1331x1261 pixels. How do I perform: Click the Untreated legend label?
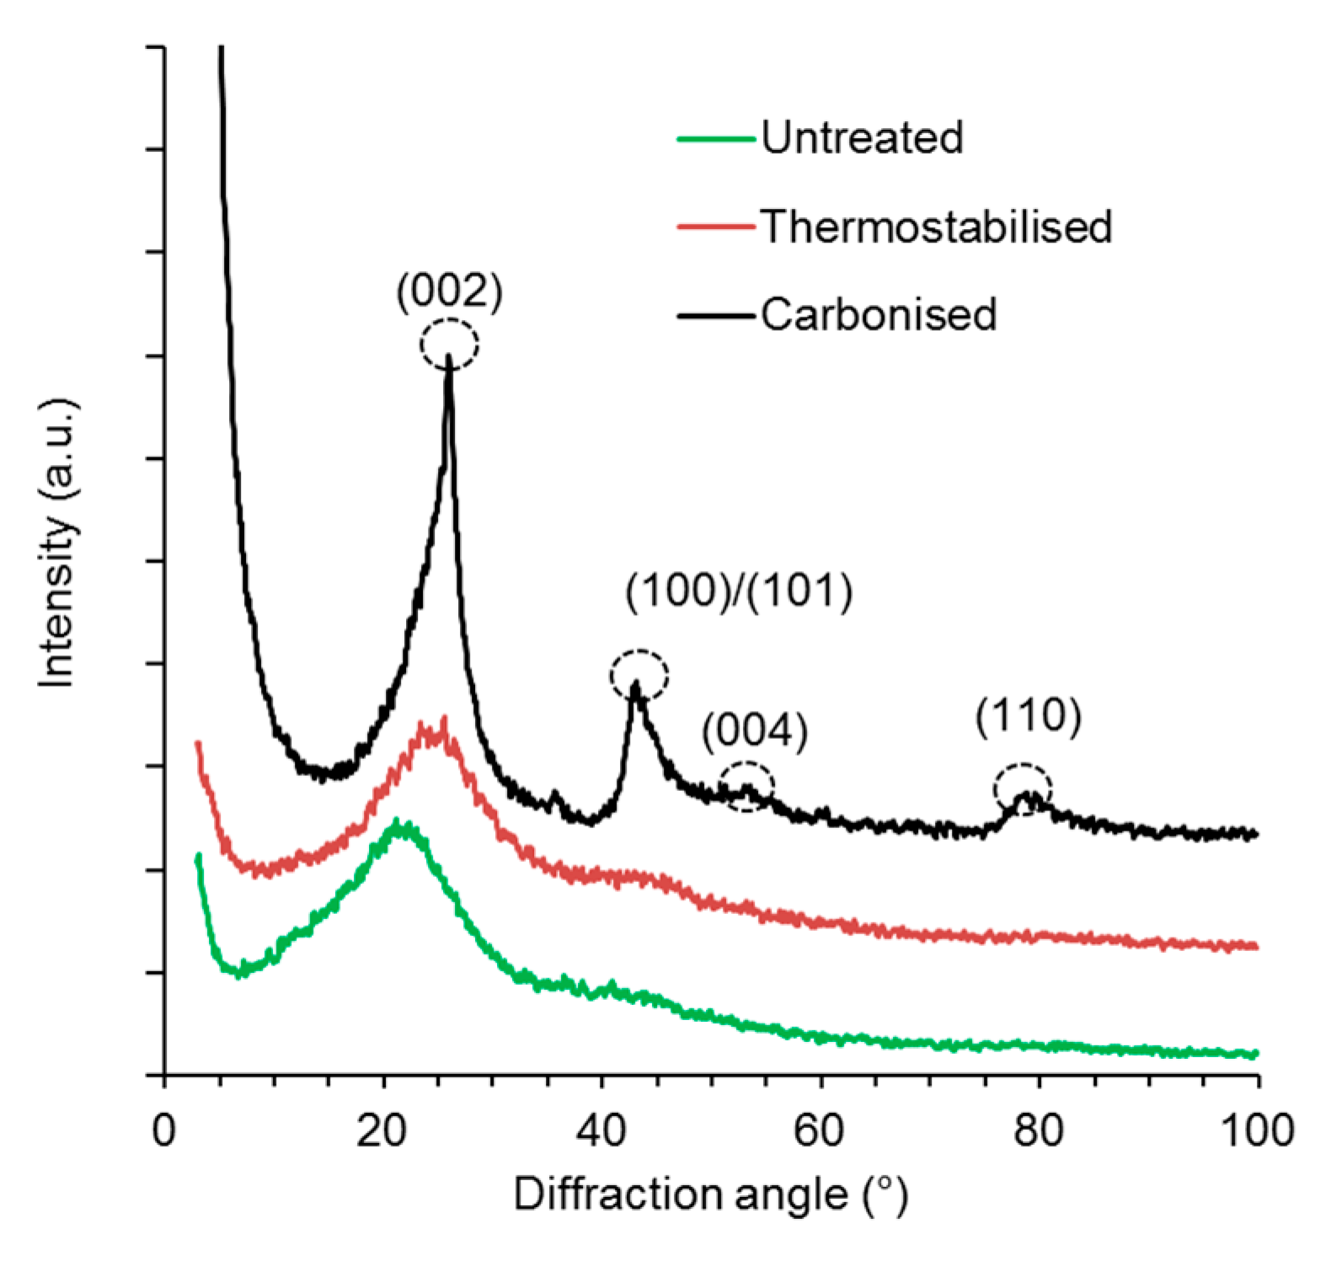[x=862, y=137]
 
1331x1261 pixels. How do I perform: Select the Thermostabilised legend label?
[x=936, y=227]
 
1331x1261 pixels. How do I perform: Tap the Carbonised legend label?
[x=879, y=314]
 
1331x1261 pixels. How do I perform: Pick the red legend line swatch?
[x=715, y=227]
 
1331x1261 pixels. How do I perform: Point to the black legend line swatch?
[x=715, y=316]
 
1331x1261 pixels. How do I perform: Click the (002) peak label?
[x=449, y=291]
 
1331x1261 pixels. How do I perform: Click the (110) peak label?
[x=1028, y=716]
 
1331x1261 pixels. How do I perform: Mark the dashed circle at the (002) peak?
[x=450, y=344]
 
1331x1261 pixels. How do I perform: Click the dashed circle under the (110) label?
[x=1022, y=789]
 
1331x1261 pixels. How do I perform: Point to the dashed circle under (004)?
[x=746, y=786]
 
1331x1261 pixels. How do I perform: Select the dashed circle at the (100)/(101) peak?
[x=639, y=676]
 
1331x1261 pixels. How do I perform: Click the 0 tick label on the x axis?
[x=163, y=1130]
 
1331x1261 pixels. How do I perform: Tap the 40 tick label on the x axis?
[x=601, y=1130]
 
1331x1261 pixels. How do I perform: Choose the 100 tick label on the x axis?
[x=1256, y=1130]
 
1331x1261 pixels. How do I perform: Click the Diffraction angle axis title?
[x=710, y=1194]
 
